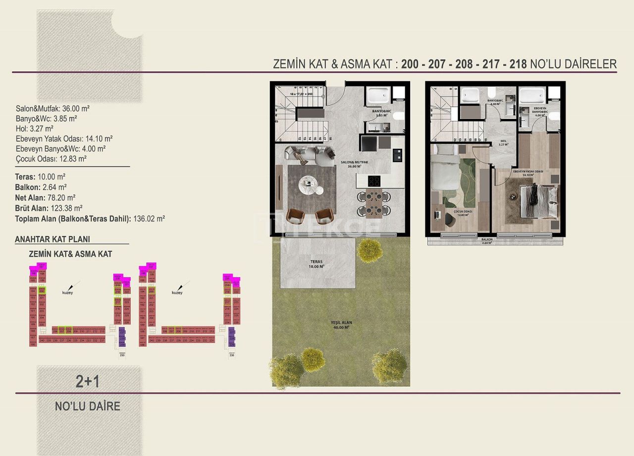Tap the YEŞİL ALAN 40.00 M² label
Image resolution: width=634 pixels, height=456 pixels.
coord(341,325)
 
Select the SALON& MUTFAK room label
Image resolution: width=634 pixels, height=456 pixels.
coord(354,164)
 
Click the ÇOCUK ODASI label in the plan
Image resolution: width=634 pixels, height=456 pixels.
coord(462,213)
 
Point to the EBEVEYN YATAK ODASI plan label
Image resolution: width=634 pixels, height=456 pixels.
coord(528,171)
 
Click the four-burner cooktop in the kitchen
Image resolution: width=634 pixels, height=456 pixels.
coord(374,181)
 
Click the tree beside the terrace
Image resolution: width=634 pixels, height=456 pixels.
coord(370,250)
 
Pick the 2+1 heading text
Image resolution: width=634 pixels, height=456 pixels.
coord(88,381)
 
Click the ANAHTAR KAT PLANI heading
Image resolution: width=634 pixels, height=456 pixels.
coord(53,239)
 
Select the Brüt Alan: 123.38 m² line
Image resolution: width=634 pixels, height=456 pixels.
coord(49,208)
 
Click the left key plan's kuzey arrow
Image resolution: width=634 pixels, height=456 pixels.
coord(73,286)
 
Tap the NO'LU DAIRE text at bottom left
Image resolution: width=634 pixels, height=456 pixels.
coord(88,406)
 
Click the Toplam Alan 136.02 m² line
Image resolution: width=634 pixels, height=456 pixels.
coord(90,218)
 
